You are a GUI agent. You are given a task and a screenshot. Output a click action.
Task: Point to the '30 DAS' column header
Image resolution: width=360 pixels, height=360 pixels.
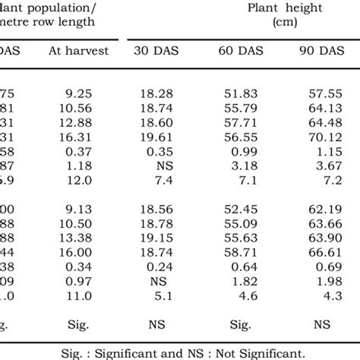[x=156, y=52]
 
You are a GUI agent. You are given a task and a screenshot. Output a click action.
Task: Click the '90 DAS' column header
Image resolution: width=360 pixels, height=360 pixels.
[x=321, y=52]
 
